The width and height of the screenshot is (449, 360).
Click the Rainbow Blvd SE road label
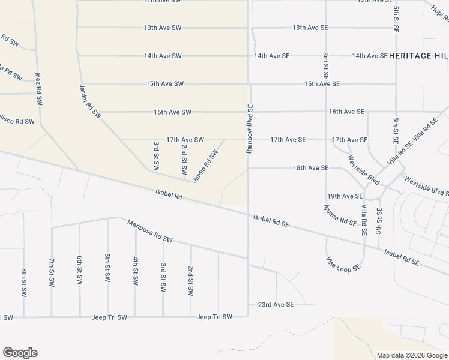[250, 129]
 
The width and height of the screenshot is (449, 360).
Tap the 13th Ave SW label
[163, 28]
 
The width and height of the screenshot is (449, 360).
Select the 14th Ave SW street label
[163, 56]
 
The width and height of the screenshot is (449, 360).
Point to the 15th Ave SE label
[322, 84]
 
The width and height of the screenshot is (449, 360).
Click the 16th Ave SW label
[172, 112]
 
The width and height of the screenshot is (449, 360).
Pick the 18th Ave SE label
[310, 168]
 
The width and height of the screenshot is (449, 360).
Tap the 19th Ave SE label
[345, 196]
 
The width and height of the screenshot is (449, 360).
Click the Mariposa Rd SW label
[149, 231]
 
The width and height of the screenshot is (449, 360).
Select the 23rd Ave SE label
[276, 305]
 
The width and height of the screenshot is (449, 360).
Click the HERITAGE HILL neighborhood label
[418, 56]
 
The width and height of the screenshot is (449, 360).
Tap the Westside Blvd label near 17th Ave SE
[364, 170]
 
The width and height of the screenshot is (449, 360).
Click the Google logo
[20, 353]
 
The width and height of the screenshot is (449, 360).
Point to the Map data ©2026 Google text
[412, 355]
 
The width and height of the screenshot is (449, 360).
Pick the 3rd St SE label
[325, 67]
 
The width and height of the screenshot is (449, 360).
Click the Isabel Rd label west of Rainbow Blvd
[168, 195]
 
